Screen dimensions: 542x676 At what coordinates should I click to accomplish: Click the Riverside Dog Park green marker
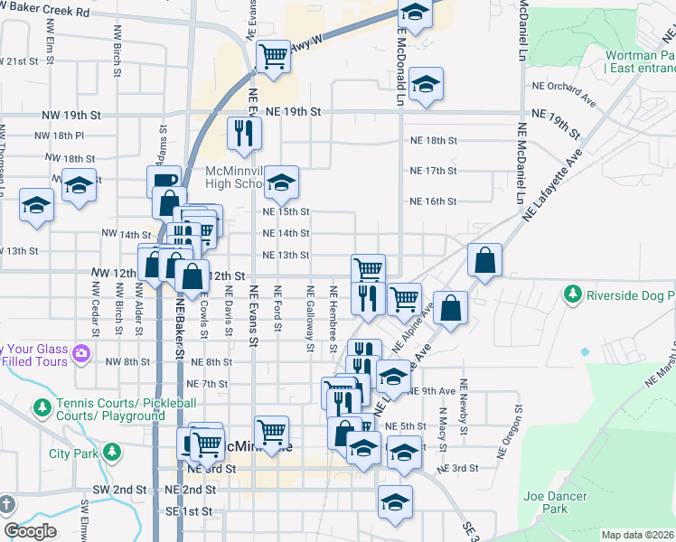572,294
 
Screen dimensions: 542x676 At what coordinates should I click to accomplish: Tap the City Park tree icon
111,452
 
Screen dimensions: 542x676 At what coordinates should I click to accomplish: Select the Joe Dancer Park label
555,502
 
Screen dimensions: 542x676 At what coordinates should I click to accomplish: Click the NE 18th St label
434,141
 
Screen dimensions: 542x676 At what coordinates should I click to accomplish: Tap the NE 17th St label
434,171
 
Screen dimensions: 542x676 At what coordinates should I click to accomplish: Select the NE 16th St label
434,201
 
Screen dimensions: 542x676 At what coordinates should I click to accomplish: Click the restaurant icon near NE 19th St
244,133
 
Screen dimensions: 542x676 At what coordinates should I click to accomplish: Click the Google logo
30,531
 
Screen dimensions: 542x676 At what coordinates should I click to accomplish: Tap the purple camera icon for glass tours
81,352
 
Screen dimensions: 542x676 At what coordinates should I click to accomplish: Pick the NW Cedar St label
94,308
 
